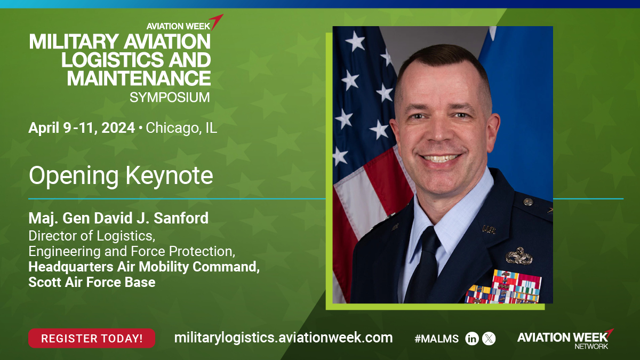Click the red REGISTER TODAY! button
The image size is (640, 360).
click(92, 338)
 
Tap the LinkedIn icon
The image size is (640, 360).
click(471, 339)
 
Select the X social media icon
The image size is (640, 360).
click(489, 339)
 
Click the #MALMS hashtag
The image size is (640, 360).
click(437, 339)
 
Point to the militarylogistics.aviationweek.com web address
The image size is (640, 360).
click(283, 338)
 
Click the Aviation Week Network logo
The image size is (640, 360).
click(565, 339)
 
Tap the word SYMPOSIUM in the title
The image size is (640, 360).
click(170, 98)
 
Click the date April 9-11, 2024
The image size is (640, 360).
click(82, 127)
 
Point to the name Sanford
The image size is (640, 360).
click(181, 218)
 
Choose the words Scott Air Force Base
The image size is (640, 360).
click(92, 282)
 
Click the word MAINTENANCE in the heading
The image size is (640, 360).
click(139, 78)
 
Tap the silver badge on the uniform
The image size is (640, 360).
click(519, 257)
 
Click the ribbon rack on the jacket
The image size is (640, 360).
click(504, 287)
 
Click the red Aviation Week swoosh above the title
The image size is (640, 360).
click(216, 22)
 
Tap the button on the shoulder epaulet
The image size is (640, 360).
click(528, 202)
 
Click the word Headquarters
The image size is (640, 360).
click(71, 267)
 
